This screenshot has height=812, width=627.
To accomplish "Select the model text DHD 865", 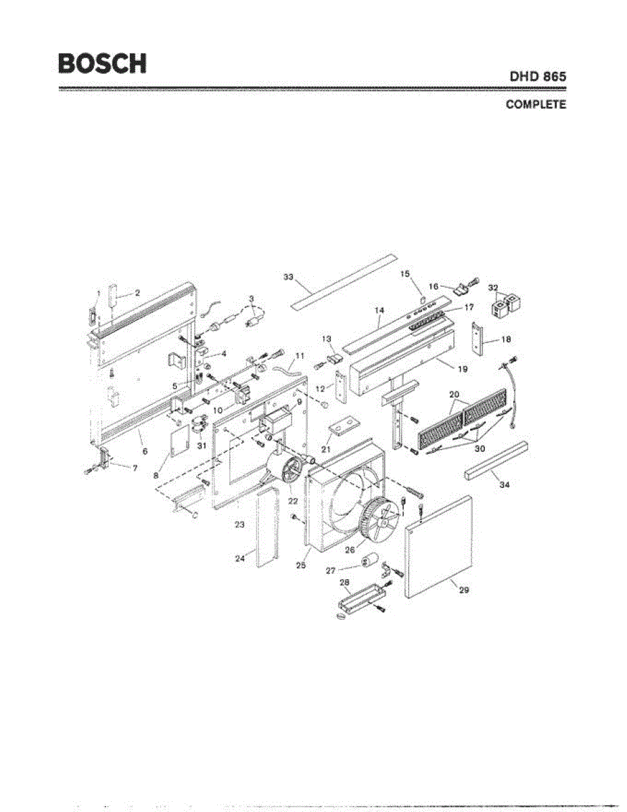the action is click(x=538, y=77).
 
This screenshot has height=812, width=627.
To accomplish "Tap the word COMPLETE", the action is click(x=535, y=106).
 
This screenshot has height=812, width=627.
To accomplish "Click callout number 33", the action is click(x=289, y=277).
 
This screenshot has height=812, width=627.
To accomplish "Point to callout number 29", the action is click(x=464, y=589).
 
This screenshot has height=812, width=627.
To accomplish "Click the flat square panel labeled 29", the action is click(x=438, y=547).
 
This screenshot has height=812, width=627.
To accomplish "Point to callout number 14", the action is click(x=379, y=310).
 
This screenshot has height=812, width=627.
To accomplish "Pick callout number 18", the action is click(x=505, y=339).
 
